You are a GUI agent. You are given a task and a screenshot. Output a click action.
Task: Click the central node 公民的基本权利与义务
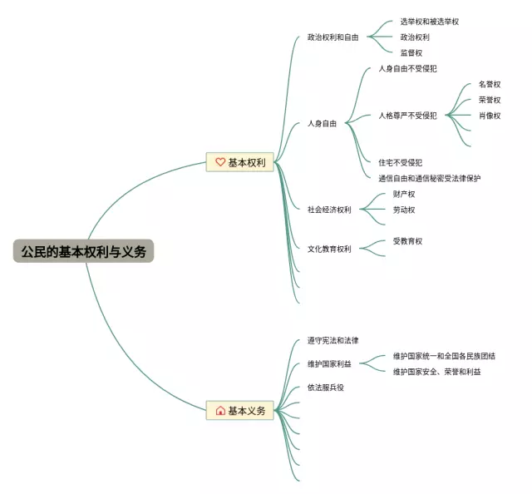tap(83, 251)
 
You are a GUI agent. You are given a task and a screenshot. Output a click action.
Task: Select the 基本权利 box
tap(241, 162)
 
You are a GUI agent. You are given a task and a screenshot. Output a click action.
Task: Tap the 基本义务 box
tap(241, 410)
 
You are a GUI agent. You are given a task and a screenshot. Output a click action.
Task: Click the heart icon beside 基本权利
tap(220, 162)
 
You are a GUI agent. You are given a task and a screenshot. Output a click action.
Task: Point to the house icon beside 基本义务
tap(220, 411)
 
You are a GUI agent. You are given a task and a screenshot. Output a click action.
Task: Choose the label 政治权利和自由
tap(332, 37)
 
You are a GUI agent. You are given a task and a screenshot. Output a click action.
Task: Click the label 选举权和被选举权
tap(429, 22)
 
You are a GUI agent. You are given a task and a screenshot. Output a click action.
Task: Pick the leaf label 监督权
tap(411, 53)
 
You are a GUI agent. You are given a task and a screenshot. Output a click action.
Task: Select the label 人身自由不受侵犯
tap(407, 68)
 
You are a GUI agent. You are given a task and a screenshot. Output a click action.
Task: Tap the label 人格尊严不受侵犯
tap(407, 116)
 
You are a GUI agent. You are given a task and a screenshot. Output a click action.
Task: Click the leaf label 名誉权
tap(490, 84)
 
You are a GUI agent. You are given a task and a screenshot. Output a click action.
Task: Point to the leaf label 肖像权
tap(490, 116)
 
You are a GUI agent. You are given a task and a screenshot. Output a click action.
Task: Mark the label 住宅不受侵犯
tap(406, 162)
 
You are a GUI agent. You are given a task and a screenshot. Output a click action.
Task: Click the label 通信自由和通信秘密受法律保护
tap(429, 178)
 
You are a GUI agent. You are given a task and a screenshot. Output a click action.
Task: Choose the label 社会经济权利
tap(329, 210)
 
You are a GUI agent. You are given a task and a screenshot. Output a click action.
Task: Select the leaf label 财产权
tap(404, 194)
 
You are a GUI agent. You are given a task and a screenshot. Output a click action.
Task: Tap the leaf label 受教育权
tap(407, 241)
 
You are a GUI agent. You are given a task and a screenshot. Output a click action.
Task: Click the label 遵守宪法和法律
tap(332, 340)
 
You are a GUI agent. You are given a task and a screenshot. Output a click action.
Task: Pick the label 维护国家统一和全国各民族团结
tap(448, 356)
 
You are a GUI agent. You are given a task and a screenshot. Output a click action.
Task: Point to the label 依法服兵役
tap(325, 387)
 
